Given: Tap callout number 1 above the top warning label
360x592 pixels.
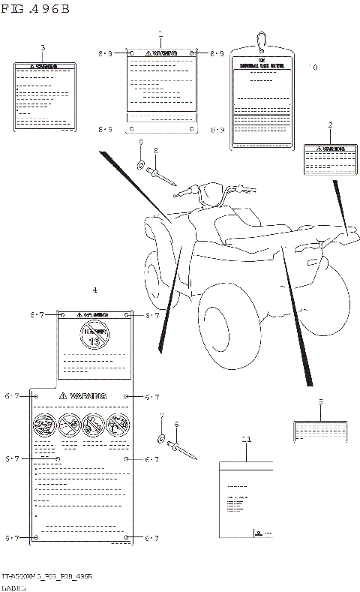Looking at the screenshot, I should pyautogui.click(x=161, y=35).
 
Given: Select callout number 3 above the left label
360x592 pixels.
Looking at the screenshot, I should pyautogui.click(x=43, y=49).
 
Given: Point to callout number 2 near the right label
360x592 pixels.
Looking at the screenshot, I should pyautogui.click(x=330, y=125).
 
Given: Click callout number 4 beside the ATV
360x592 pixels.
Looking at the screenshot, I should pyautogui.click(x=94, y=290).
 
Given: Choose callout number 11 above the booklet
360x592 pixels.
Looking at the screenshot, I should pyautogui.click(x=245, y=437).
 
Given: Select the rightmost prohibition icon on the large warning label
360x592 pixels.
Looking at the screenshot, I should pyautogui.click(x=117, y=424).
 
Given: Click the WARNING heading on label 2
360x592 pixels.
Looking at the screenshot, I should pyautogui.click(x=331, y=149).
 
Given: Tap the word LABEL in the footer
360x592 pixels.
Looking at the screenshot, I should pyautogui.click(x=13, y=586).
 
